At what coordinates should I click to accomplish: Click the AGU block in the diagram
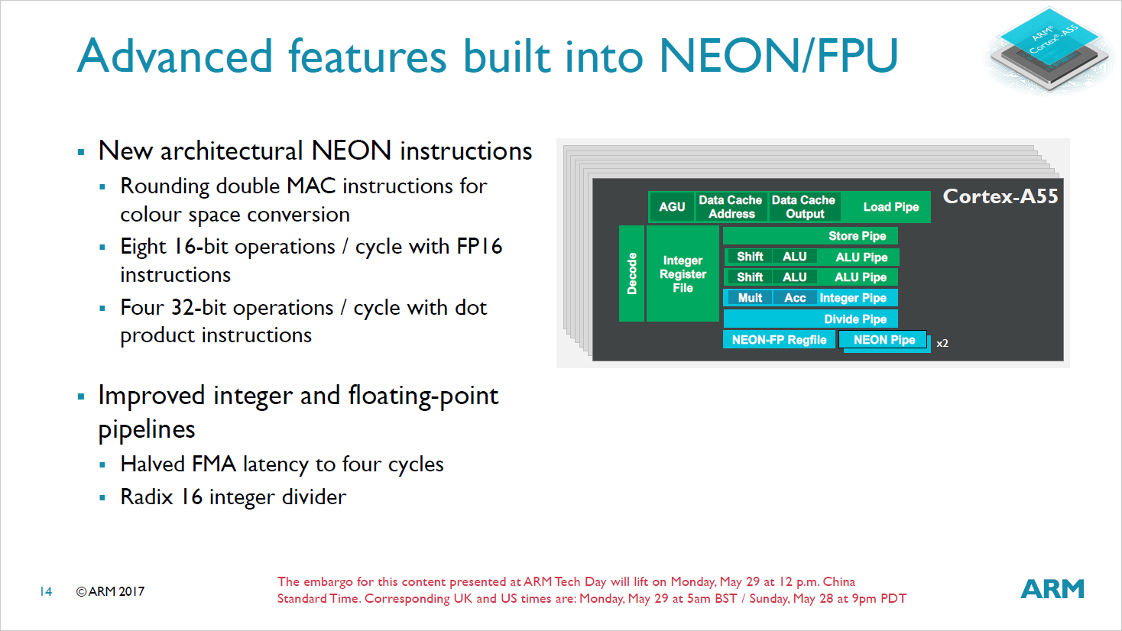point(672,207)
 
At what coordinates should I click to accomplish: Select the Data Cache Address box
point(731,207)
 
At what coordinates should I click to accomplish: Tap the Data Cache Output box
point(804,207)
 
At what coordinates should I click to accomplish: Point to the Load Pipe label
point(890,207)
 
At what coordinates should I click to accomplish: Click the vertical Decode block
point(631,273)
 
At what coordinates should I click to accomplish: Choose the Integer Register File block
point(683,274)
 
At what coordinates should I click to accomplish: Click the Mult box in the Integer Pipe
point(750,298)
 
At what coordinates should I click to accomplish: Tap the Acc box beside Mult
point(795,298)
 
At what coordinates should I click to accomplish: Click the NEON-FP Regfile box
point(779,340)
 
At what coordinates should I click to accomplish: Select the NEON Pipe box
point(884,340)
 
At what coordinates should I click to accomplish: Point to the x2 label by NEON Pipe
point(942,344)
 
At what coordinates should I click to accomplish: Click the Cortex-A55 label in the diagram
point(1000,197)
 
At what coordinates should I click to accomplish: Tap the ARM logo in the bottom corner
point(1052,589)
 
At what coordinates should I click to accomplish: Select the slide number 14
point(46,591)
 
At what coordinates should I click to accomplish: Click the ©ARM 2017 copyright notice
point(110,591)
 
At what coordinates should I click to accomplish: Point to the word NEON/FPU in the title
point(778,57)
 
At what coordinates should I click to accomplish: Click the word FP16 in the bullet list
point(479,247)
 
